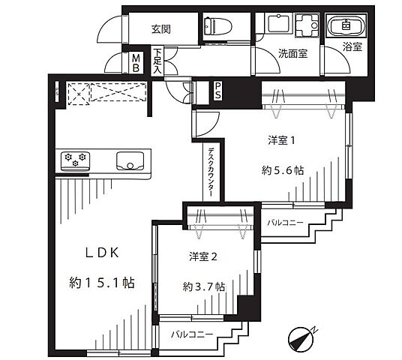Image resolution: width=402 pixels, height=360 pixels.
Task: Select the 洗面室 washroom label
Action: (x=273, y=54)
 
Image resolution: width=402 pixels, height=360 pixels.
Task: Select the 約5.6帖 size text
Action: (x=283, y=170)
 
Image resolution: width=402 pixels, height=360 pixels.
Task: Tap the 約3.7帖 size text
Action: (x=203, y=286)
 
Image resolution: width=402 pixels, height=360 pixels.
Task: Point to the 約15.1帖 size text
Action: (x=101, y=283)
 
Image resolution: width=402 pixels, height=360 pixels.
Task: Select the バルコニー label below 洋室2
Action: (x=191, y=332)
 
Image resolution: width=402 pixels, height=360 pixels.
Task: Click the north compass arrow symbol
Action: (x=301, y=338)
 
